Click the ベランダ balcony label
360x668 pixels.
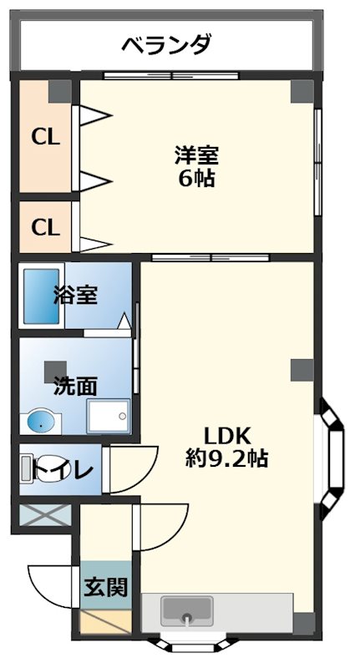tap(166, 44)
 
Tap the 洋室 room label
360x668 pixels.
tap(197, 155)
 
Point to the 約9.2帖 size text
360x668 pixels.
tap(226, 458)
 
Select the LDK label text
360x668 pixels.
tap(228, 435)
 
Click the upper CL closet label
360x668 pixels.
tap(46, 137)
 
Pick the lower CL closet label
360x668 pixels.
tap(46, 226)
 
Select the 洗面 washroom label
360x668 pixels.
tap(75, 387)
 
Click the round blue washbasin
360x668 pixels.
tap(40, 423)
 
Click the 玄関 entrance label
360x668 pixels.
tap(105, 588)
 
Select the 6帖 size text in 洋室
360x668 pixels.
tap(197, 178)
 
